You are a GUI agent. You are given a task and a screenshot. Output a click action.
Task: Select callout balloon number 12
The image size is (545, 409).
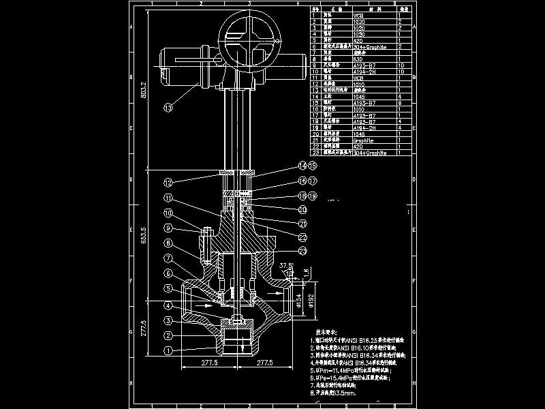pyautogui.click(x=168, y=182)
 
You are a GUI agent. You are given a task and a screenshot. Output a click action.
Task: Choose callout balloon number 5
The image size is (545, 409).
pyautogui.click(x=168, y=289)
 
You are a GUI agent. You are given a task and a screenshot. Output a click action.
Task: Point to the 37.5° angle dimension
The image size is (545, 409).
pyautogui.click(x=286, y=266)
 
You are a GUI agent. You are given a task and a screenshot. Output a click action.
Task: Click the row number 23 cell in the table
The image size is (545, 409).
pyautogui.click(x=315, y=153)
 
